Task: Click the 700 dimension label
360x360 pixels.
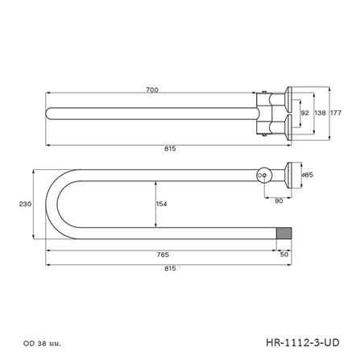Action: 151,89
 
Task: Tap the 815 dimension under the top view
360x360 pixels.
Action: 170,148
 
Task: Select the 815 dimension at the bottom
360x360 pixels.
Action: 170,268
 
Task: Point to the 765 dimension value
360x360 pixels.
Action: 163,254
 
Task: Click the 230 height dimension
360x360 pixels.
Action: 23,204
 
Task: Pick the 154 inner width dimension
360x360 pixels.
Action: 162,204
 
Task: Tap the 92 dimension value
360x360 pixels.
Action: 305,113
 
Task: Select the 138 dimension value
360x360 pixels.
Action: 321,113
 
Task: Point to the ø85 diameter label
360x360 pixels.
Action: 307,173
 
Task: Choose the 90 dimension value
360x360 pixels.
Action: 279,201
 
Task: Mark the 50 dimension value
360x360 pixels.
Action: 283,254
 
